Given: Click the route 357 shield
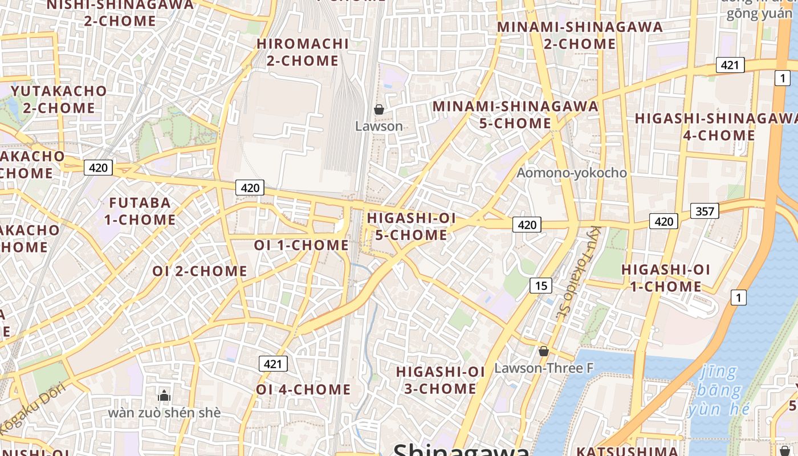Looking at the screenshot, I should pos(705,211).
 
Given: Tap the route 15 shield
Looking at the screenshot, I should pos(540,286).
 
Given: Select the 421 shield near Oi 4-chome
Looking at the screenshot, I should pos(273,364).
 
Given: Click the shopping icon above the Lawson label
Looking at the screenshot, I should pos(379,109).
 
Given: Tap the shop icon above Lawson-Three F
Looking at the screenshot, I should pos(544,351).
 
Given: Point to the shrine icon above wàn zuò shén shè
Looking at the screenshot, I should pos(164,395).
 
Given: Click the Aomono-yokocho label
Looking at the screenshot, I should pos(572,173).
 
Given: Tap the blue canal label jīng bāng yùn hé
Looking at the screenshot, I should pos(715,390).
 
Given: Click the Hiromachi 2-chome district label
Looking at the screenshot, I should pos(303,52).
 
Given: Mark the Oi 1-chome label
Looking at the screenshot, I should pos(301,245).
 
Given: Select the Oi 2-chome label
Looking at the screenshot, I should pos(199,271).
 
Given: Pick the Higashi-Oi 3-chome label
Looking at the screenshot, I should pos(440,380).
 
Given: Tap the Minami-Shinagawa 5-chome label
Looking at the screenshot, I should pos(515,115).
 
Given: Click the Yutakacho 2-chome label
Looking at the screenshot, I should pos(59,99).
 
